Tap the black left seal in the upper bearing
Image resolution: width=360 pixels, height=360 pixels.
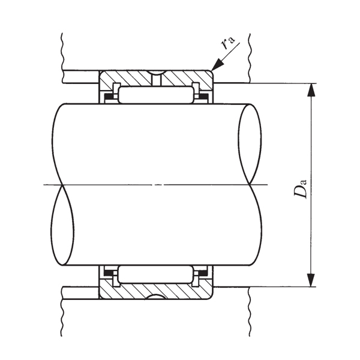(x=108, y=95)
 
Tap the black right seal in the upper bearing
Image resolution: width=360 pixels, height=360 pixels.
(x=203, y=95)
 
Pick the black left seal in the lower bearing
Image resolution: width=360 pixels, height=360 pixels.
(x=108, y=274)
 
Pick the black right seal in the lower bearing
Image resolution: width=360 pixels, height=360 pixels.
(x=203, y=274)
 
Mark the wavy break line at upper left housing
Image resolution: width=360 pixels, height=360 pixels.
(x=62, y=51)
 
